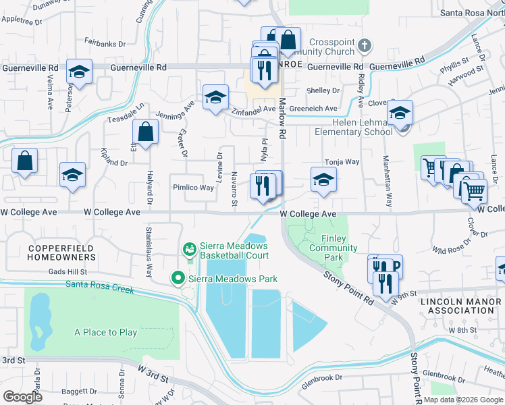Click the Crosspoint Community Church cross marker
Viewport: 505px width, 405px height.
coord(364,46)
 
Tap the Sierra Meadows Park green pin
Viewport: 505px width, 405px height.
coord(178,277)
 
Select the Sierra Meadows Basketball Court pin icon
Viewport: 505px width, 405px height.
coord(190,250)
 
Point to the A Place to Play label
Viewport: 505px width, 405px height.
coord(106,332)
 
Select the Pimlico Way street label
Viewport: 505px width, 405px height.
coord(193,188)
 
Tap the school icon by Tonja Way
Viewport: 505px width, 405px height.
coord(323,180)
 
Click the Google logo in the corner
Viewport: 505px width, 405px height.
coord(23,397)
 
